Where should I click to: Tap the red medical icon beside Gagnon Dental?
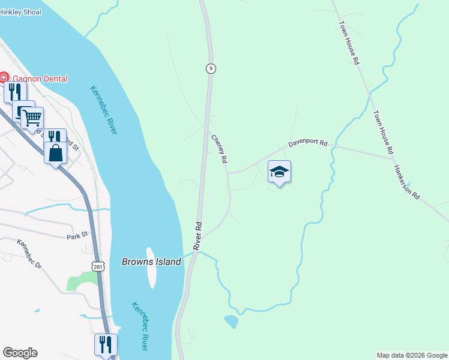tap(4, 78)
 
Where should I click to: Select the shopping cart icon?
tap(32, 118)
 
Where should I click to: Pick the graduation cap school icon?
tap(279, 172)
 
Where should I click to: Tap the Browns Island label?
tap(151, 262)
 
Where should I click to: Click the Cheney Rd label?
tap(219, 149)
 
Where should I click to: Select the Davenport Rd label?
tap(307, 144)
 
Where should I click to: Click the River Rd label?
tap(197, 236)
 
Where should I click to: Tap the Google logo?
tap(20, 353)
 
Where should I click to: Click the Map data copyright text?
tap(411, 355)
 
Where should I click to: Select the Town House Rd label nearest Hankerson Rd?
tap(382, 132)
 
